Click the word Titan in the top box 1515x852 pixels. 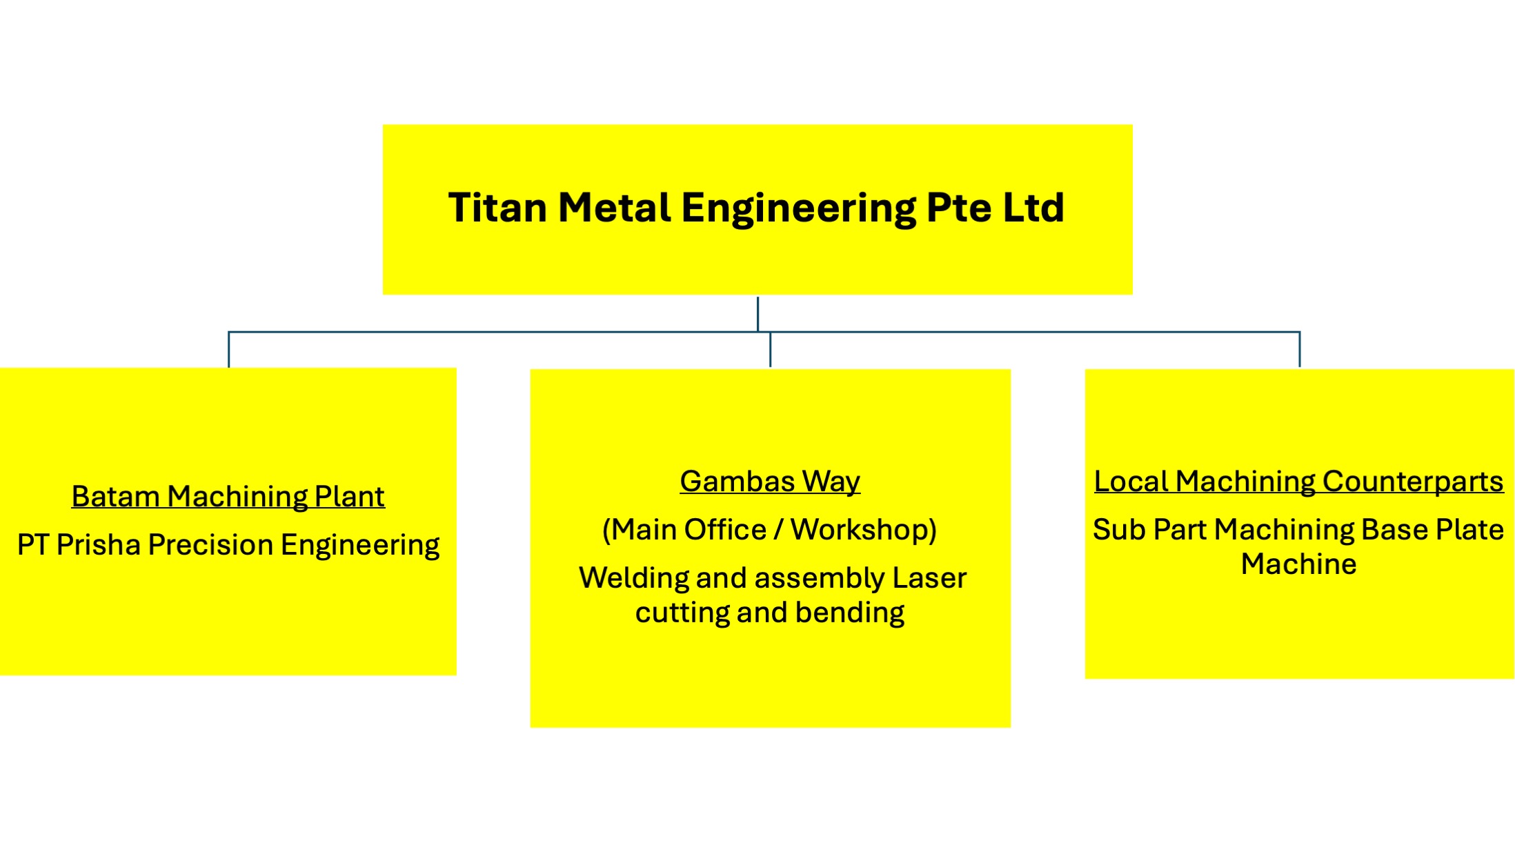coord(497,208)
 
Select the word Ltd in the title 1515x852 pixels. coord(1033,208)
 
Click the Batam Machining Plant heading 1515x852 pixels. coord(228,497)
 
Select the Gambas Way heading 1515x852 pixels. coord(770,482)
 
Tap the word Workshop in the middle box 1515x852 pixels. coord(862,530)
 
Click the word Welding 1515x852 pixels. coord(633,578)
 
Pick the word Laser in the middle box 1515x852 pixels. coord(929,578)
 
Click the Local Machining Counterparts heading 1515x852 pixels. coord(1298,482)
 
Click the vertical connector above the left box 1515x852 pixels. coord(229,350)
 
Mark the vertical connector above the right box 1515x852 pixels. coord(1300,350)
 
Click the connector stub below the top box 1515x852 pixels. coord(757,314)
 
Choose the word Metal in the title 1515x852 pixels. coord(614,208)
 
